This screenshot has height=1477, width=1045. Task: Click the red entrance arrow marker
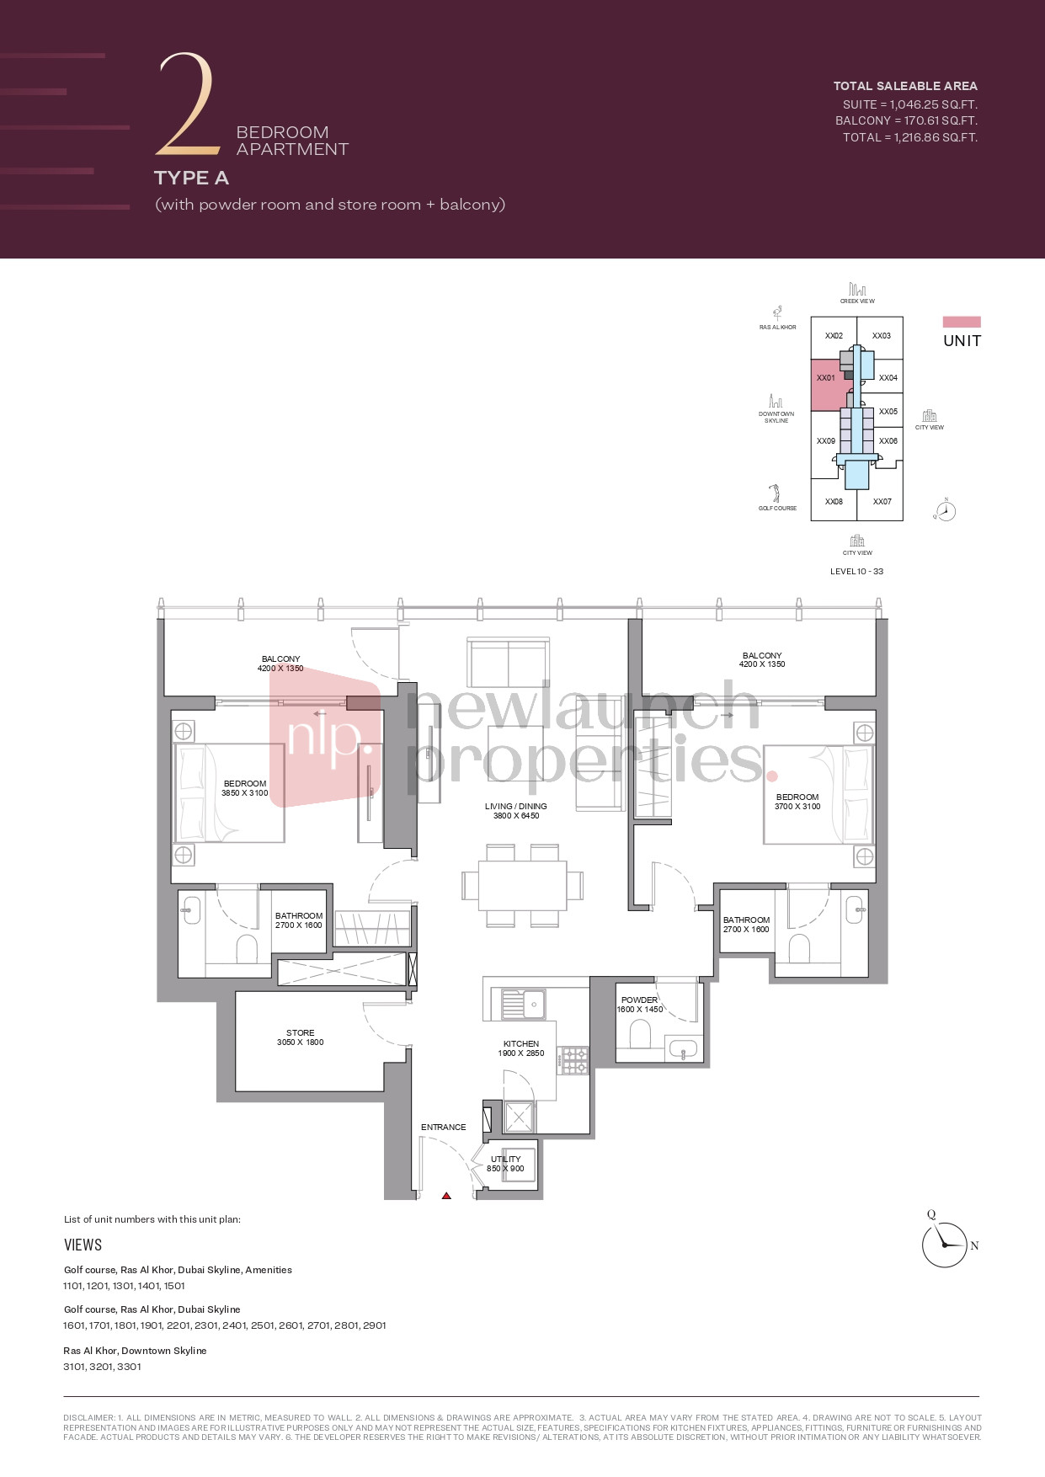446,1195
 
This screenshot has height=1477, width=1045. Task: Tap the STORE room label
301,1032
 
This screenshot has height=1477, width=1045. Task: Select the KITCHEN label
521,1043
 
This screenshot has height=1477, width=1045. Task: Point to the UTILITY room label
505,1159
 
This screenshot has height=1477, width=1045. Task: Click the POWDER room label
639,1000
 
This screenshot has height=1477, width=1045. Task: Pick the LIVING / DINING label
516,806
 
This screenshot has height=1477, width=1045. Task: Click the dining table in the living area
522,885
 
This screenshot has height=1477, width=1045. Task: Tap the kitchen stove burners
575,1061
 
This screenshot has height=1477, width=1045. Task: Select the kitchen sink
523,1005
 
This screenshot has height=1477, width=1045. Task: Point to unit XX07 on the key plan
882,502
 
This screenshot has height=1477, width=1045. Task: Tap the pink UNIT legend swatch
962,322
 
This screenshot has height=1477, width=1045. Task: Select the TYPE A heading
191,178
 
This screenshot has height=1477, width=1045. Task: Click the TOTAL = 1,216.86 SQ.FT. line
909,137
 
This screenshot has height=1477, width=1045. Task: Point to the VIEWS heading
83,1245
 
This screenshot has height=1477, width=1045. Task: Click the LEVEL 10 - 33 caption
856,571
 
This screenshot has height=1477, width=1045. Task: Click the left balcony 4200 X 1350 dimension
280,669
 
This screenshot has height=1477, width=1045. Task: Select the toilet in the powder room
640,1034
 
